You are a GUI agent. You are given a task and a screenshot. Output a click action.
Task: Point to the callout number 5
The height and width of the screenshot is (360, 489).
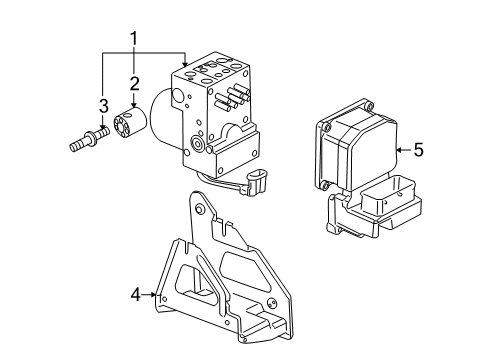pos(418,150)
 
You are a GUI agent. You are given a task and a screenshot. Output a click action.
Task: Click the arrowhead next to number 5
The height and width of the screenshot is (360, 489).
pos(400,150)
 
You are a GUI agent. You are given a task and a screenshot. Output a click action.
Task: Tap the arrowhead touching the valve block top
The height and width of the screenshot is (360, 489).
pos(186,63)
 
